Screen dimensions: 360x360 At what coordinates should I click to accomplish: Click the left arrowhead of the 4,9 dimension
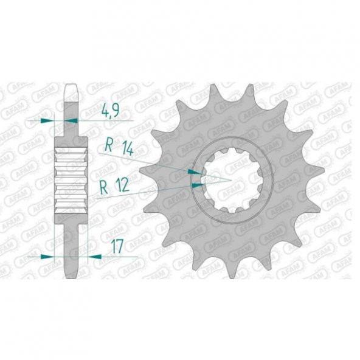[46, 121]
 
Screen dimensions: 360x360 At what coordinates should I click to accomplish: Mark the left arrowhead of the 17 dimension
[46, 257]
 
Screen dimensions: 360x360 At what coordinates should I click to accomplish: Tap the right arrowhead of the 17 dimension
[94, 257]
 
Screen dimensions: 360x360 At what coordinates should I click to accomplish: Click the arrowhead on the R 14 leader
[194, 172]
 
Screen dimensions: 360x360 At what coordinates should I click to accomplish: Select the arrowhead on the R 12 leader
[196, 181]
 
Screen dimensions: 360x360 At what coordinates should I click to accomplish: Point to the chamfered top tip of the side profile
[72, 89]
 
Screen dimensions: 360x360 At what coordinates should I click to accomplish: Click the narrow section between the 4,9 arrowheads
[72, 121]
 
